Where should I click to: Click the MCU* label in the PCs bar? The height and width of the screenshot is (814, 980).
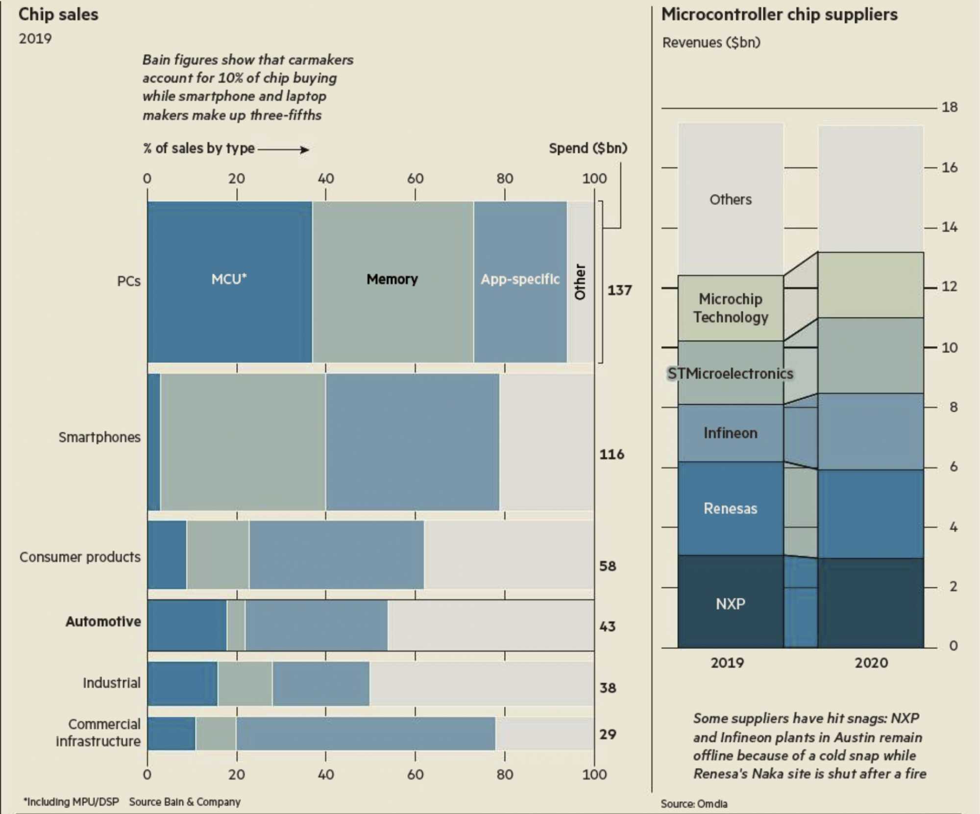coord(229,279)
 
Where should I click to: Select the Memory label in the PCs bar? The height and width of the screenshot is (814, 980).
coord(392,279)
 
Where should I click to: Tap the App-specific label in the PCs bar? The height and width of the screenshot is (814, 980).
coord(520,279)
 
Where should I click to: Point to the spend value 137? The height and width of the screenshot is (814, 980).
coord(619,290)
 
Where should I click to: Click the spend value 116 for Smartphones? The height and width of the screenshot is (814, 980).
coord(612,454)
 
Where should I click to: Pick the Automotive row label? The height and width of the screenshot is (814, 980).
coord(103,621)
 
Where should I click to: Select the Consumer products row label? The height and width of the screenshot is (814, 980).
coord(80,557)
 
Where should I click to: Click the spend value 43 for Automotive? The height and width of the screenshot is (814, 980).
coord(608,626)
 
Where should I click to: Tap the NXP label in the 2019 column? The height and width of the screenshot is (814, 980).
coord(730,604)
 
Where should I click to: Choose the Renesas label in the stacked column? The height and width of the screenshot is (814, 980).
coord(730,509)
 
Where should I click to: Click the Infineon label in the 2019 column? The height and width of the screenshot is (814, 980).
coord(730,433)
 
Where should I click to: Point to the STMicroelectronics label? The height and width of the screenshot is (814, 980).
coord(730,374)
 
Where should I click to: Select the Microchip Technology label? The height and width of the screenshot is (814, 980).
coord(730,308)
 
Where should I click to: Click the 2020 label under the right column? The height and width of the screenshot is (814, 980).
coord(871,663)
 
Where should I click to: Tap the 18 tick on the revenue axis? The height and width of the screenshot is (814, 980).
coord(949,107)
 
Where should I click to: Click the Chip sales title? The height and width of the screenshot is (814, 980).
coord(58,15)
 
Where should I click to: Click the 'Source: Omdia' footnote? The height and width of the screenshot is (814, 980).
coord(694,804)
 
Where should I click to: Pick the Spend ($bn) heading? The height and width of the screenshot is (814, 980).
coord(588,148)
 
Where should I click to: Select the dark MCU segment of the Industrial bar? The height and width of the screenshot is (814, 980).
coord(182,684)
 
